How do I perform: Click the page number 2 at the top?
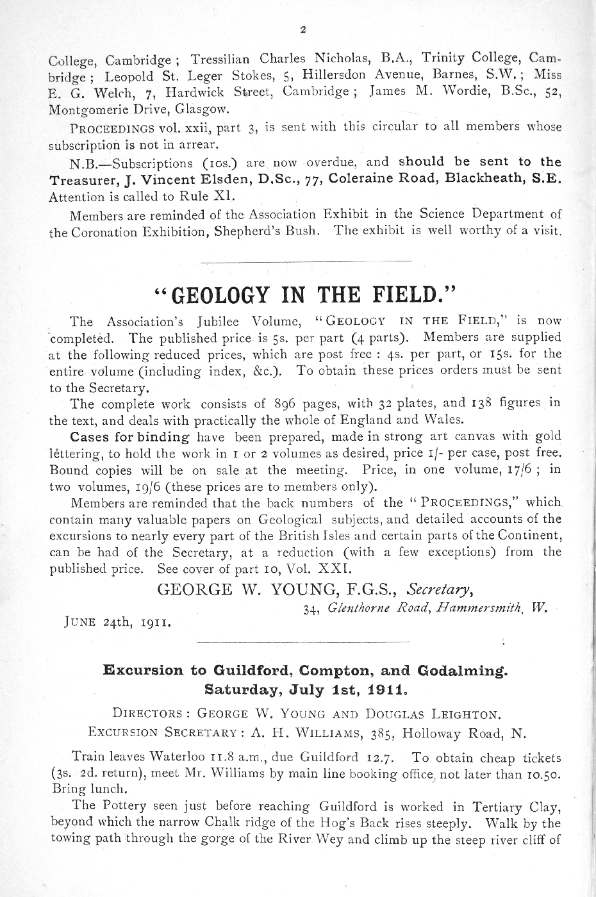point(302,29)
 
